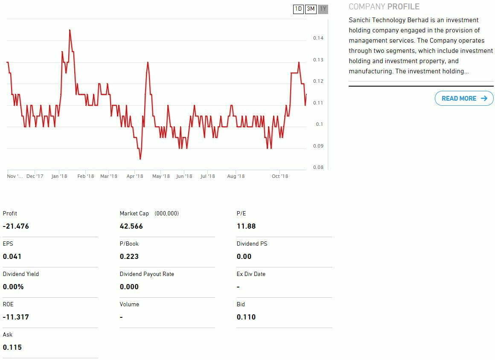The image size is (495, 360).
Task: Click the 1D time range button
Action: [x=298, y=9]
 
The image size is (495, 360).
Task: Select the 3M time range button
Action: [x=311, y=9]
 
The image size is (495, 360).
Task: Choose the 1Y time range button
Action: [x=323, y=9]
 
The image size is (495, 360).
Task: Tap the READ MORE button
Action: [x=464, y=99]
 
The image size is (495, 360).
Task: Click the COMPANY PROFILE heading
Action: [x=384, y=7]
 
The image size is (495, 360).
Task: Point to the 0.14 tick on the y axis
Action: [x=318, y=38]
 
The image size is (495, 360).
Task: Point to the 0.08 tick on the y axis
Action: [x=318, y=168]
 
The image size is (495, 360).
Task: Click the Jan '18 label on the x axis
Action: [x=59, y=177]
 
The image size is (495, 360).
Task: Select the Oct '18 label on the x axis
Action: [x=280, y=177]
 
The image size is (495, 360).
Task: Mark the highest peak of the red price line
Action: [x=70, y=30]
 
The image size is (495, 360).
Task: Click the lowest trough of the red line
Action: [x=140, y=159]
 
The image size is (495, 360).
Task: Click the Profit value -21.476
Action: [x=16, y=226]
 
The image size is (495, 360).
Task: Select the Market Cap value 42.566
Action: [x=131, y=226]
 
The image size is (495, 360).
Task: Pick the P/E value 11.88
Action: [x=246, y=226]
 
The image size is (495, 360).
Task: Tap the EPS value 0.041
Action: [x=12, y=257]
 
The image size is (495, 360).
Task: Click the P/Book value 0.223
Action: [x=129, y=257]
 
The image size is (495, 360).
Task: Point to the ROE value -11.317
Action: [x=16, y=317]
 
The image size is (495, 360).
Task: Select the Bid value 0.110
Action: [x=246, y=317]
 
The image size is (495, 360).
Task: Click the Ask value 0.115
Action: [x=12, y=348]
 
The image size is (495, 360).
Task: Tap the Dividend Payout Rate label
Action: [x=147, y=274]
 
